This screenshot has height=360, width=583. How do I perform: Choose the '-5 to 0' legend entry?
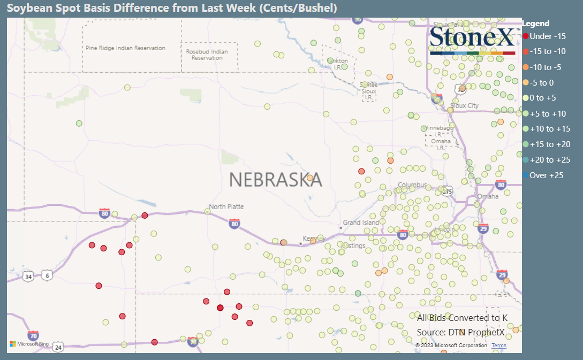tap(541, 82)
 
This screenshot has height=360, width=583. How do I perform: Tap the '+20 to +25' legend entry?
tap(549, 160)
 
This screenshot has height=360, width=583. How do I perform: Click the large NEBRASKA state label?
tap(276, 180)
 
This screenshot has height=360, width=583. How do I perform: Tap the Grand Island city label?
tap(361, 223)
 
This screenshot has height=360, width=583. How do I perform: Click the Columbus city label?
tap(412, 185)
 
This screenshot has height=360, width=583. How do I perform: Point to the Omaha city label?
tap(488, 196)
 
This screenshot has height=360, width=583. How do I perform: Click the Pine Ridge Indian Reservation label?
tap(125, 48)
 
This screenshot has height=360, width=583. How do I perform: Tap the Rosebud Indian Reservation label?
tap(207, 55)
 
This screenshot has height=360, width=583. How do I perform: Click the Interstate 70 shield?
tap(33, 335)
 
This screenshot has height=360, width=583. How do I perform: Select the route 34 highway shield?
tap(28, 277)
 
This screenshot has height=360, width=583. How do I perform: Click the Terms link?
tap(498, 346)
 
